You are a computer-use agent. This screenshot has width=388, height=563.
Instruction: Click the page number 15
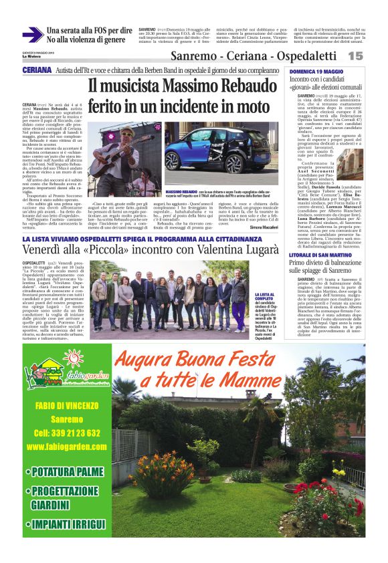pos(355,56)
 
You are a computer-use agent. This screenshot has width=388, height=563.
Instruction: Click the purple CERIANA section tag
pos(37,70)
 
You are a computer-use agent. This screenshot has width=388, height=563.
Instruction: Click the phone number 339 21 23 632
pos(68,415)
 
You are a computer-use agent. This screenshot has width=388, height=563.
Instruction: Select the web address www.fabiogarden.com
pos(68,428)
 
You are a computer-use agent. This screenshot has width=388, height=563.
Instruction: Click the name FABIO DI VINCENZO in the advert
pos(68,386)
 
